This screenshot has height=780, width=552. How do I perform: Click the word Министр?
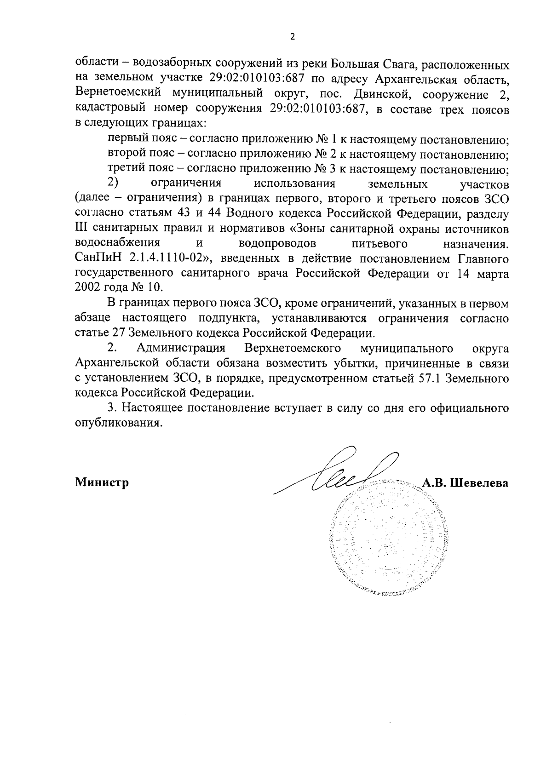101,483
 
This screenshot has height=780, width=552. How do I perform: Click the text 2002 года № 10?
119,288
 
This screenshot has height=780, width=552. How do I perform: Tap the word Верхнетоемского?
293,348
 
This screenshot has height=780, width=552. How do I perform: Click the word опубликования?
119,423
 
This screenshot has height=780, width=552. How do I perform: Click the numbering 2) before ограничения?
114,183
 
